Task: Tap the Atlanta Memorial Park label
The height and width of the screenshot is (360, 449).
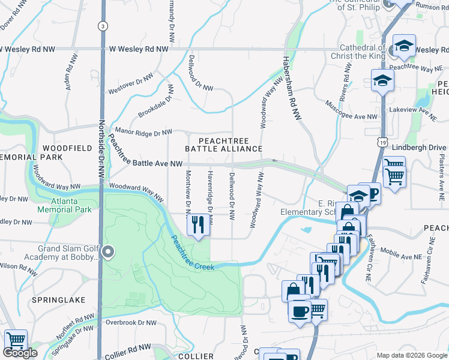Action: [64, 205]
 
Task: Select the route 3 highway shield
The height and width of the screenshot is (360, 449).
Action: [103, 26]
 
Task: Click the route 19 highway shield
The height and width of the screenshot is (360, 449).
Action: [383, 142]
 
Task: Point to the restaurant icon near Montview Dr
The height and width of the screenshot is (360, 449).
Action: [197, 225]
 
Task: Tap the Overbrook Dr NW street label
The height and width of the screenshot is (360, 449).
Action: [131, 322]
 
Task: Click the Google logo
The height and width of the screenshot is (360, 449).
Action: [20, 353]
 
